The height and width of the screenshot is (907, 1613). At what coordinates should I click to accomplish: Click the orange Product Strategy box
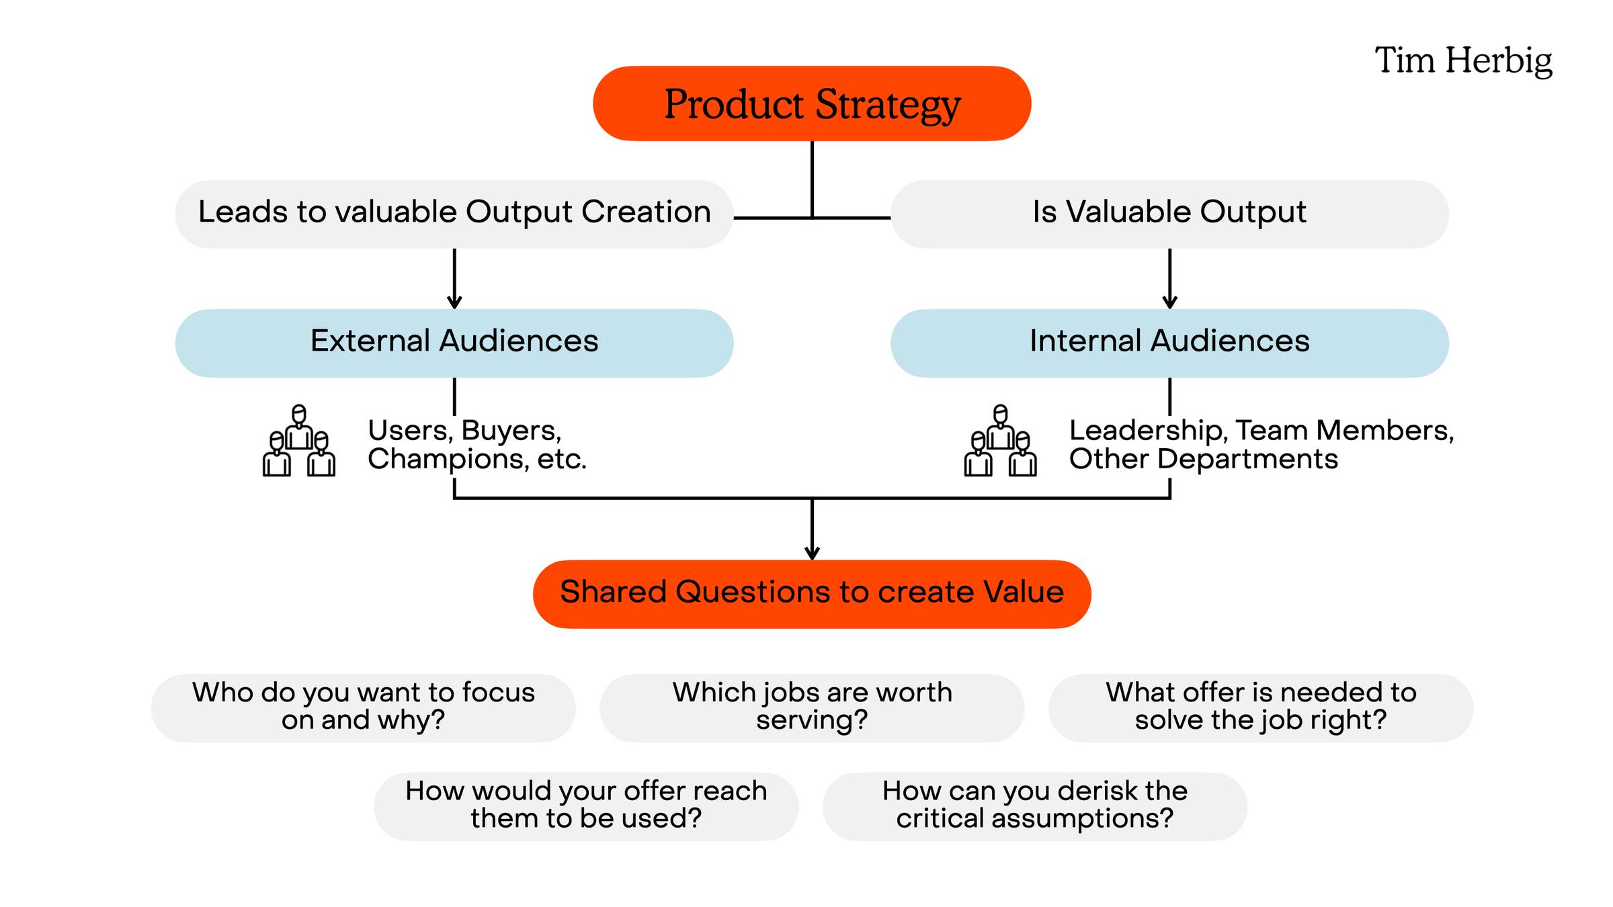812,103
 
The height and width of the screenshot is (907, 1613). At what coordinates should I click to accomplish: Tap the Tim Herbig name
1464,61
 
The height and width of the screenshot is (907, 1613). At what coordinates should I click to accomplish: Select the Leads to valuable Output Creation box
454,214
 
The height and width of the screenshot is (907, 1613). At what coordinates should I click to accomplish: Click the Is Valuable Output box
1169,214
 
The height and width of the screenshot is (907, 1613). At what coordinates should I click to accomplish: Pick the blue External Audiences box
454,343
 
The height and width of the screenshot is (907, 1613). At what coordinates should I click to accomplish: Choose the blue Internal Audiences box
1169,343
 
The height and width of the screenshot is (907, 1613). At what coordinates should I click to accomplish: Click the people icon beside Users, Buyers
299,441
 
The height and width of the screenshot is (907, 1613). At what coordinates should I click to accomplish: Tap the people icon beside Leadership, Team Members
1000,441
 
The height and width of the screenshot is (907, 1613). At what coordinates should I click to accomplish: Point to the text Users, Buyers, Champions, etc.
477,444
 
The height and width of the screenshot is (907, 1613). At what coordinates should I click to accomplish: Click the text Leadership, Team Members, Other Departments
1262,444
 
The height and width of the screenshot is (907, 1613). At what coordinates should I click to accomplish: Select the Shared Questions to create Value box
812,594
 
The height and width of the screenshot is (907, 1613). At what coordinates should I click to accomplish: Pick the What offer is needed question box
1261,708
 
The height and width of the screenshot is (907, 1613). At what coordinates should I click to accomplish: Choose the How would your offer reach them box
586,806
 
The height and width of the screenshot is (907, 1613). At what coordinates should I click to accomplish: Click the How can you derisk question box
1035,806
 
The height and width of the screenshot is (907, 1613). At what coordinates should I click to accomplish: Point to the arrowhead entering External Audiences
454,302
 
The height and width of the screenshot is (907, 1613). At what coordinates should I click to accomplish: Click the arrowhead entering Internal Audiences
1169,302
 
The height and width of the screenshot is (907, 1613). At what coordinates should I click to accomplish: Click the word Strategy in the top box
888,105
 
